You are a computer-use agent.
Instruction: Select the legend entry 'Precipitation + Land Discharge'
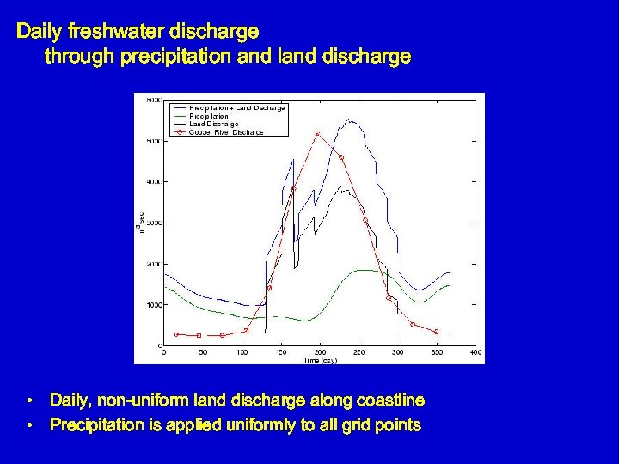236,107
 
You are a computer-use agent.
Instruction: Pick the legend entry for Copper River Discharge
225,132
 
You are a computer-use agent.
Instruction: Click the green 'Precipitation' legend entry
208,115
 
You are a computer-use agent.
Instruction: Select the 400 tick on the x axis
475,352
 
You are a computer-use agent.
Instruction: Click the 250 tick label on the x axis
359,352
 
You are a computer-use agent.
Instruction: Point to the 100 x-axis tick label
242,352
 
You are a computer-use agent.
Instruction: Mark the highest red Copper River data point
318,133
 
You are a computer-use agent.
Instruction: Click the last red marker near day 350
437,331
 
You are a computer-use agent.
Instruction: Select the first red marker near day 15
176,334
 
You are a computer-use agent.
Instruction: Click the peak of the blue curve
350,120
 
